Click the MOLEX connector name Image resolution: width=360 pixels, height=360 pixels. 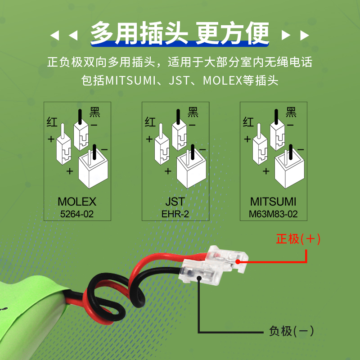click(77, 202)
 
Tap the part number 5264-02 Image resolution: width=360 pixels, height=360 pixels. click(77, 214)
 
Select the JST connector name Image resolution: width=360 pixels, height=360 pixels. click(175, 202)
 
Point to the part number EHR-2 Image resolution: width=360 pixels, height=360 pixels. click(175, 214)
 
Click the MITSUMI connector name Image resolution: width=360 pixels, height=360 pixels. click(273, 202)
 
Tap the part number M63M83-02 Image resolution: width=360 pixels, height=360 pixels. click(273, 214)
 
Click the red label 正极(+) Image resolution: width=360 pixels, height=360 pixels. click(298, 239)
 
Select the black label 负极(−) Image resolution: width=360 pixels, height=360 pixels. click(291, 331)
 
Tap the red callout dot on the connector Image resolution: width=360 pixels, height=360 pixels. click(238, 261)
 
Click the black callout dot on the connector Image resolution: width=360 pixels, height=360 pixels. click(199, 278)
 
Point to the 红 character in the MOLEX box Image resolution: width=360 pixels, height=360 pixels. click(52, 122)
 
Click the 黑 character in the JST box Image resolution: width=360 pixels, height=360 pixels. click(193, 112)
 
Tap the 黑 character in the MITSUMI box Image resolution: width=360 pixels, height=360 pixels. click(291, 112)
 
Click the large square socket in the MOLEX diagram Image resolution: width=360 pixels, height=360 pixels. click(93, 169)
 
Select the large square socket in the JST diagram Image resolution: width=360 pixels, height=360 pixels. click(191, 169)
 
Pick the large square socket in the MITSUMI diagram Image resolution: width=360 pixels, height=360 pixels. click(289, 169)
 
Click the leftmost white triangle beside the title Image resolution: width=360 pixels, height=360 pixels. click(55, 36)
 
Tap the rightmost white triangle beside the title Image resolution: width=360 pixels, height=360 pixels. click(305, 36)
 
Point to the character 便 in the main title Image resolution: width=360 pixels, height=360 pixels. click(257, 33)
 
